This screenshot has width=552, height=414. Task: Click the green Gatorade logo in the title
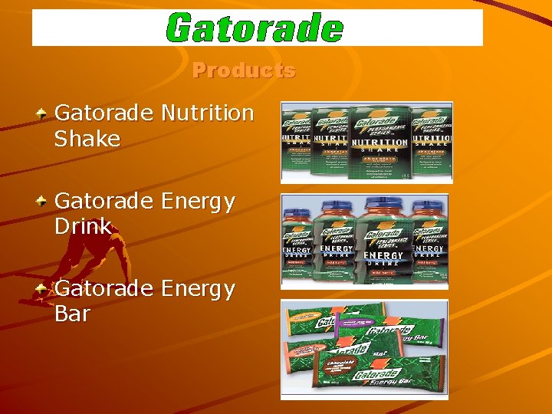255,28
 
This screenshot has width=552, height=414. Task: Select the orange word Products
244,71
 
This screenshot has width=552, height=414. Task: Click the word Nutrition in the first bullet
207,113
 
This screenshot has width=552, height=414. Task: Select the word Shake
87,140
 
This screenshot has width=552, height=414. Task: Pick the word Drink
83,227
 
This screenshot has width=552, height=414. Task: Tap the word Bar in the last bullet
72,314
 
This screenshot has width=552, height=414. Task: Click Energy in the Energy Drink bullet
198,202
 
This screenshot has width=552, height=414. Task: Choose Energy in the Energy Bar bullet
198,289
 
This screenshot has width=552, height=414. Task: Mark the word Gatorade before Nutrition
104,113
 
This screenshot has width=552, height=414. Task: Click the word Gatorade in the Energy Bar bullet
104,289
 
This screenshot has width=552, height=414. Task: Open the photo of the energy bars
364,349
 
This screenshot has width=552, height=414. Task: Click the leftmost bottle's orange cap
297,206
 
